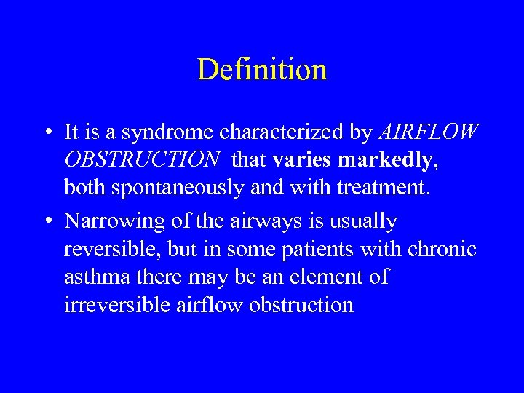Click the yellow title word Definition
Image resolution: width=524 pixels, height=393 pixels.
pyautogui.click(x=262, y=70)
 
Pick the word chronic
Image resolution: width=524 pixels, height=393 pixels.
pyautogui.click(x=443, y=249)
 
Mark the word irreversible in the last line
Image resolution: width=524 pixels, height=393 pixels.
pyautogui.click(x=117, y=304)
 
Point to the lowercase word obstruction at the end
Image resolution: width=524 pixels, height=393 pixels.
pyautogui.click(x=301, y=304)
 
